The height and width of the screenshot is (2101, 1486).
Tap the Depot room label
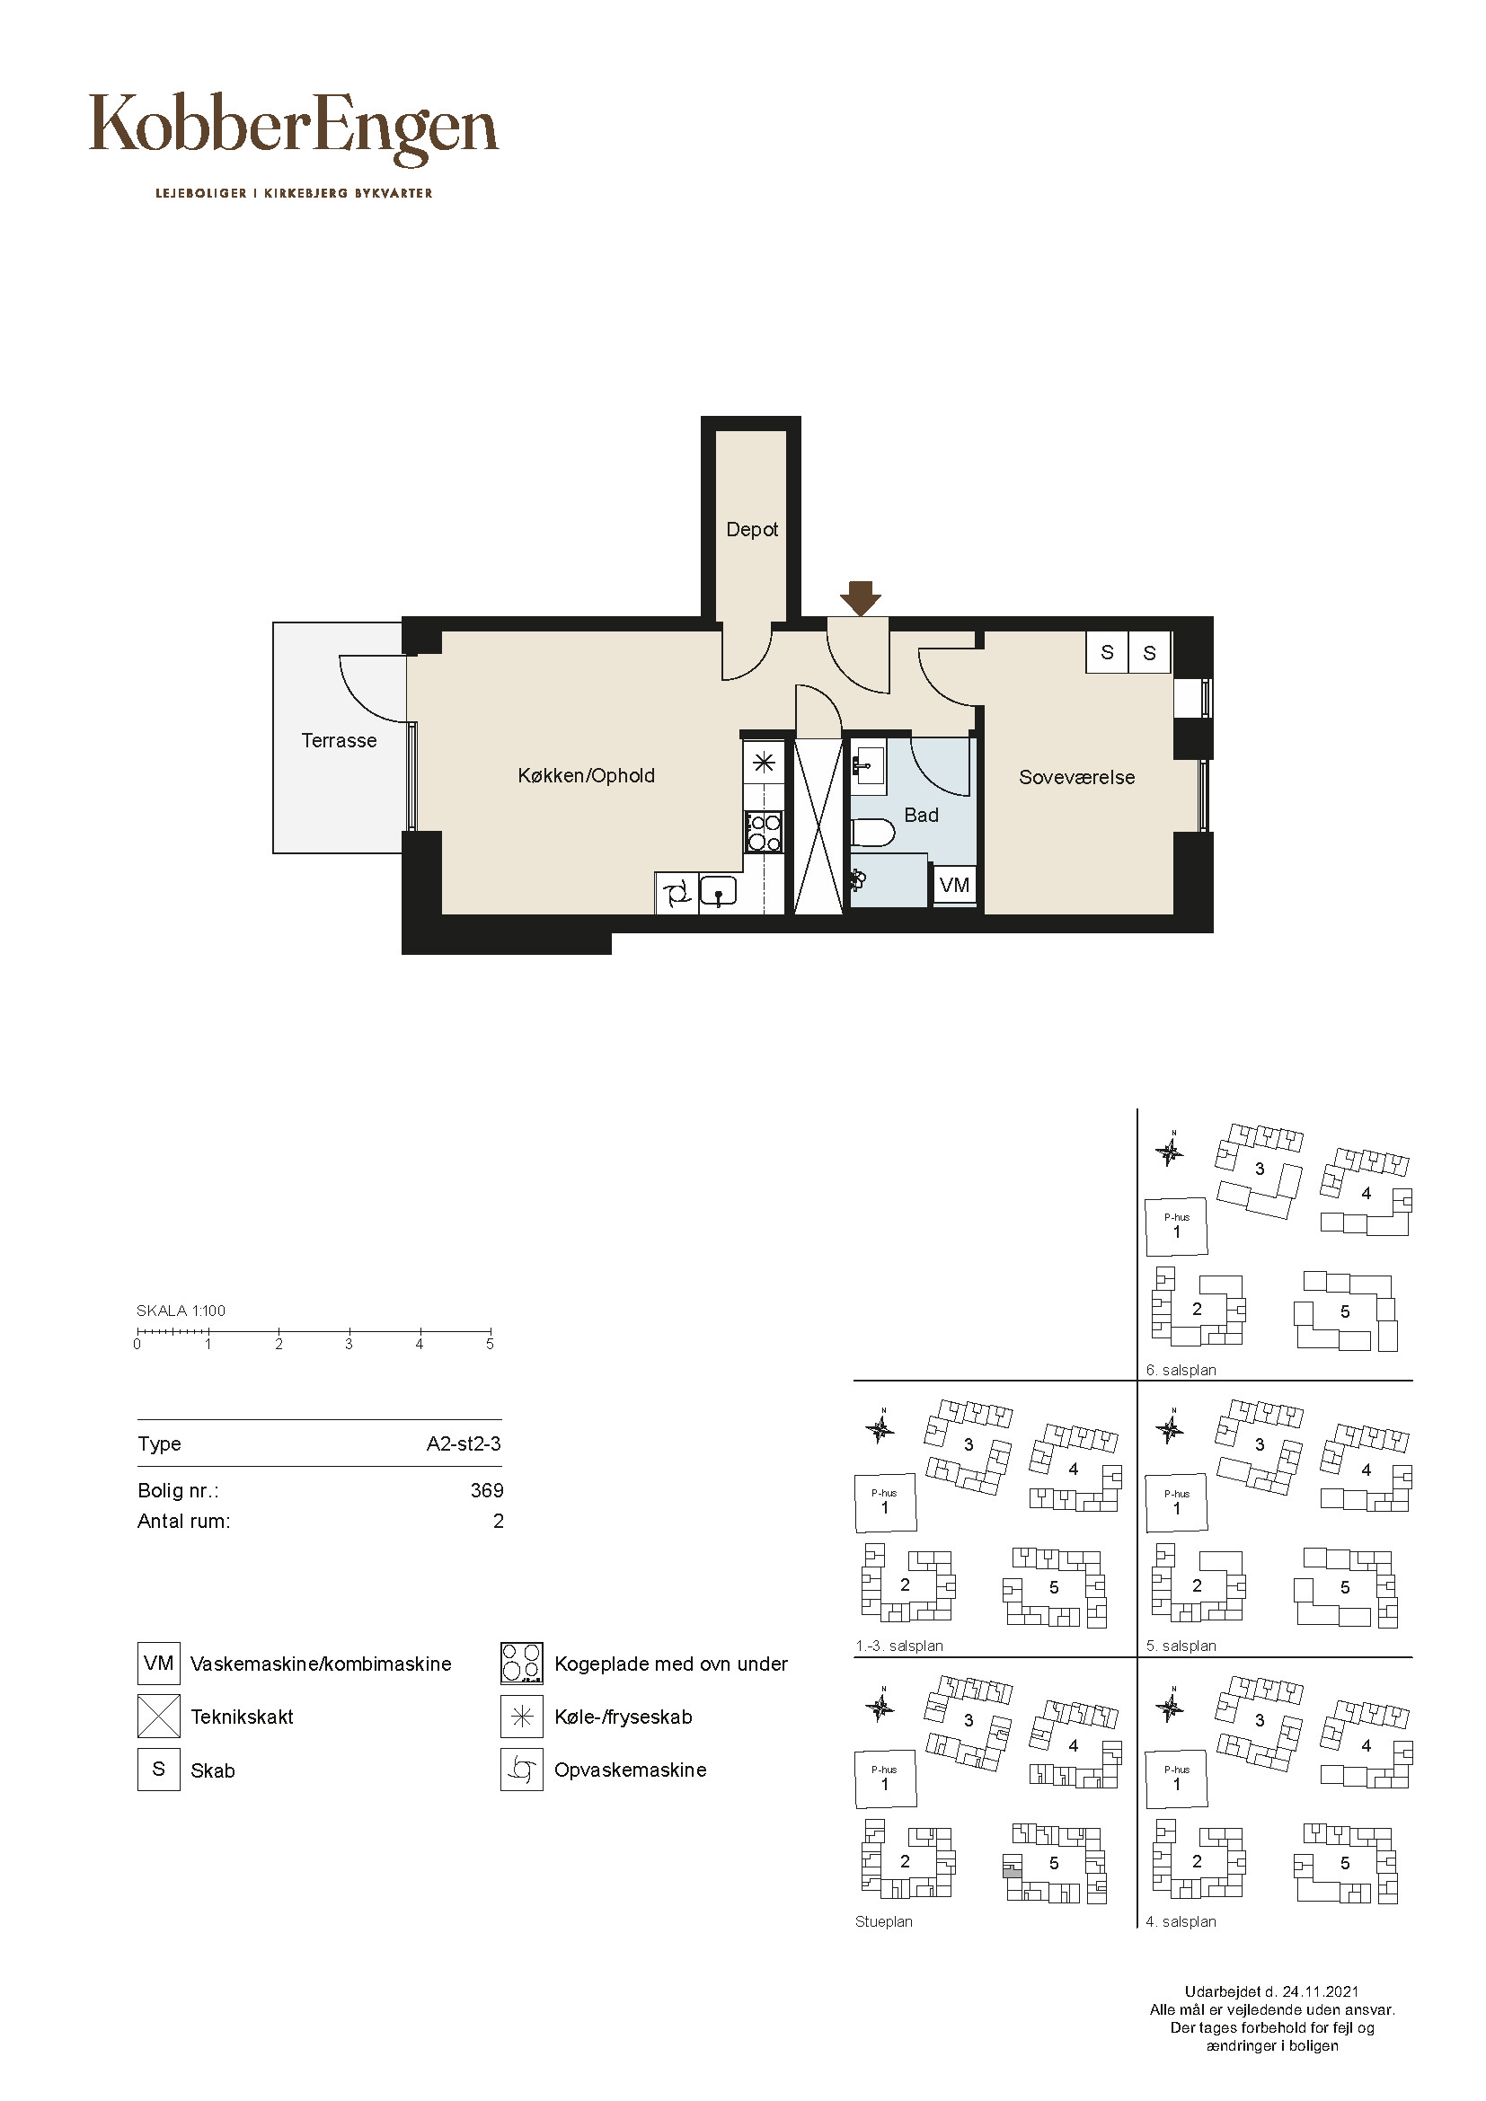[x=752, y=530]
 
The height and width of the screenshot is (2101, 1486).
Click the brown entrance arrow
[x=860, y=598]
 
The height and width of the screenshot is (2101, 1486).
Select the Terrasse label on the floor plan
[x=339, y=740]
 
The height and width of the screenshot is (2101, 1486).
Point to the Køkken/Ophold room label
[x=587, y=776]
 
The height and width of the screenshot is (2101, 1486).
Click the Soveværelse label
[x=1077, y=777]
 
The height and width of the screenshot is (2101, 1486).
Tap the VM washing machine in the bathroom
[x=954, y=885]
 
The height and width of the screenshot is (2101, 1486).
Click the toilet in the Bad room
[x=872, y=833]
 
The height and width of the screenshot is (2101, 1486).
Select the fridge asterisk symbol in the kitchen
[x=765, y=763]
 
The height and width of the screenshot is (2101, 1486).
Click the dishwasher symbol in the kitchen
[x=677, y=893]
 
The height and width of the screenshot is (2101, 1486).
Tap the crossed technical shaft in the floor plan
[x=818, y=826]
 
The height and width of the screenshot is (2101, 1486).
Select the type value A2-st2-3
[x=464, y=1444]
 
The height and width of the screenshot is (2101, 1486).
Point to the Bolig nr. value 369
[x=487, y=1491]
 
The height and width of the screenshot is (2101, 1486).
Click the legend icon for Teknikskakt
[x=158, y=1717]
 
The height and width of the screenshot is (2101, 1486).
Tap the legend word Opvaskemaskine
[x=631, y=1770]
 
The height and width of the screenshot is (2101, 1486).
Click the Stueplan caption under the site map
[x=884, y=1921]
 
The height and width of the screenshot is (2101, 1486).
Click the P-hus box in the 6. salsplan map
[x=1177, y=1227]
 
